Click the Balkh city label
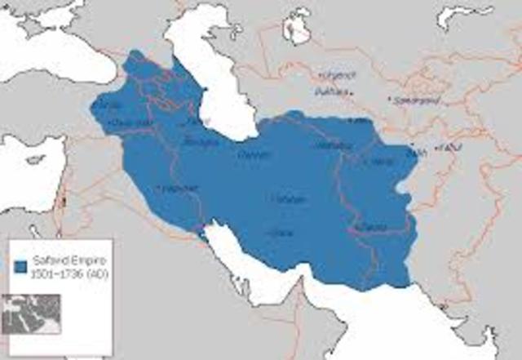(417, 151)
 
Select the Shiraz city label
(282, 233)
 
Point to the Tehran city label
(249, 153)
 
